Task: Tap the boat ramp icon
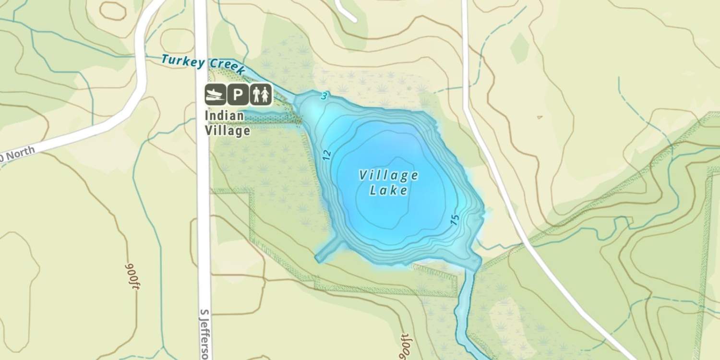click(x=215, y=94)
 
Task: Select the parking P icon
click(x=238, y=94)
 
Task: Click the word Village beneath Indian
click(x=227, y=130)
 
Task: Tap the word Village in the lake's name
click(x=389, y=176)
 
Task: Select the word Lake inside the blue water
click(x=389, y=191)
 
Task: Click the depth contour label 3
click(x=324, y=96)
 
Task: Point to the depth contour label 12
click(x=327, y=155)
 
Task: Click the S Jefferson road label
click(x=204, y=334)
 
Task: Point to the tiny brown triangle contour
click(x=540, y=117)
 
